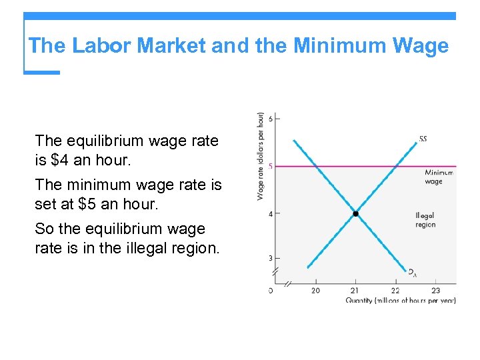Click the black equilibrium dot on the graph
pyautogui.click(x=355, y=214)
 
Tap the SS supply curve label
pyautogui.click(x=423, y=139)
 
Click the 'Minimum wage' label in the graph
pyautogui.click(x=438, y=177)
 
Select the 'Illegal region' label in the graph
pyautogui.click(x=425, y=220)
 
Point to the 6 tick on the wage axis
pyautogui.click(x=270, y=119)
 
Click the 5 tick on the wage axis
pyautogui.click(x=270, y=166)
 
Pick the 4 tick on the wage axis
pyautogui.click(x=270, y=214)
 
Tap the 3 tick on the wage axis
pyautogui.click(x=270, y=258)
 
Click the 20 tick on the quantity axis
pyautogui.click(x=315, y=290)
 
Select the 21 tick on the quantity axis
pyautogui.click(x=355, y=290)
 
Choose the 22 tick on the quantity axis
pyautogui.click(x=395, y=290)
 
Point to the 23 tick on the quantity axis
pyautogui.click(x=435, y=290)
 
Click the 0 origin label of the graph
pyautogui.click(x=270, y=290)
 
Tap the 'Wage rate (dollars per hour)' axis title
pyautogui.click(x=260, y=156)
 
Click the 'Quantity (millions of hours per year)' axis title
pyautogui.click(x=401, y=301)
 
